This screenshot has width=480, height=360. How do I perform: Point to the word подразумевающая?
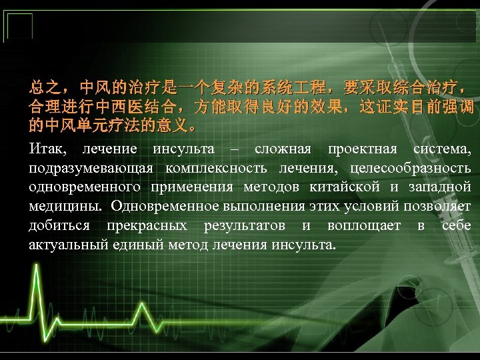87,167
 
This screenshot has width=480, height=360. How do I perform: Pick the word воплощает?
364,225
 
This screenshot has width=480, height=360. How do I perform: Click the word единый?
133,245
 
